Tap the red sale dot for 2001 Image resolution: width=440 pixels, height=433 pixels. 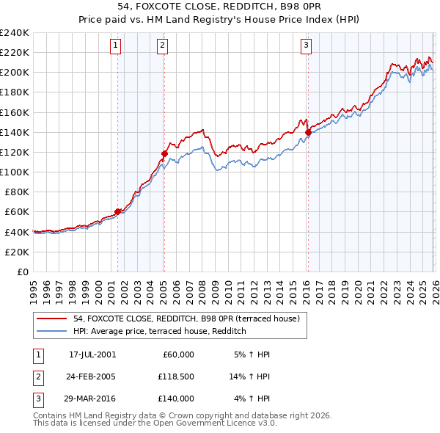point(118,211)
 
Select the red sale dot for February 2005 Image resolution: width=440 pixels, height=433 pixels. point(164,153)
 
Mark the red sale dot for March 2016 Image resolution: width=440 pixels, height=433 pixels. point(308,132)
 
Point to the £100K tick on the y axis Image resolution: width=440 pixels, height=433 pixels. point(14,172)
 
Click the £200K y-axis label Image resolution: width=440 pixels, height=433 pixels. point(14,72)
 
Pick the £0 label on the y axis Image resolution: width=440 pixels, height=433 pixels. point(21,272)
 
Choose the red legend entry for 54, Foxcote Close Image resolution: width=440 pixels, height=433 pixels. point(186,319)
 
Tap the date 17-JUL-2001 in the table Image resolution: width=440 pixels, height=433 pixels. point(92,354)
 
